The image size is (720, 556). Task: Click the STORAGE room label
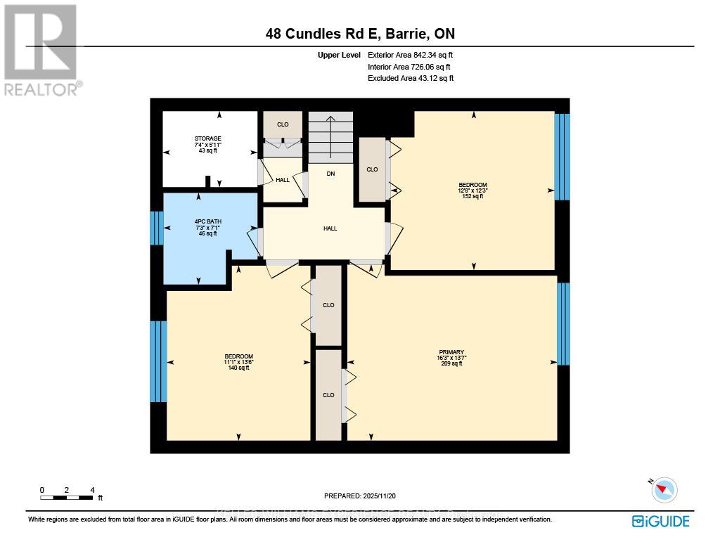tap(208, 138)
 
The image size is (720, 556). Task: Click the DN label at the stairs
tap(330, 173)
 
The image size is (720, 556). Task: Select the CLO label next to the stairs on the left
tap(283, 124)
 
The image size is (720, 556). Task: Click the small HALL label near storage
tap(283, 180)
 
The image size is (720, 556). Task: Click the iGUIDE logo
tap(660, 521)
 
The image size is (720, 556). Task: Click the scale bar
tap(67, 498)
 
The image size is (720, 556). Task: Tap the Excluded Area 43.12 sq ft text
tap(411, 78)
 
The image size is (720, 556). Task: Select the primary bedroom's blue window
tap(563, 323)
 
